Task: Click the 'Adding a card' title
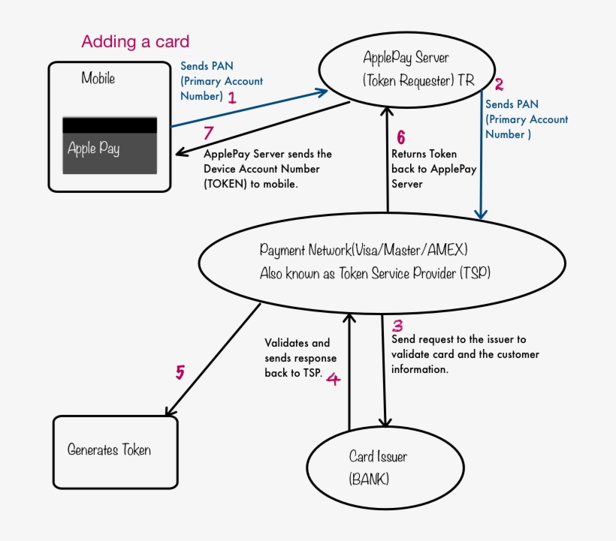[135, 41]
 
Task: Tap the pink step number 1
[232, 98]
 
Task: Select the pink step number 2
[499, 84]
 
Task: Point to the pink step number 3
[397, 326]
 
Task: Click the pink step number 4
[334, 379]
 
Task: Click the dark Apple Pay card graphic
[110, 146]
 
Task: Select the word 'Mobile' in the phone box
[98, 78]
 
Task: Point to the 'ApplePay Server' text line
[406, 58]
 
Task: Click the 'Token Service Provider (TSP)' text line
[375, 273]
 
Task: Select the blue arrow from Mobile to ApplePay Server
[249, 109]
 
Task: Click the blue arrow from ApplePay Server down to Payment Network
[482, 154]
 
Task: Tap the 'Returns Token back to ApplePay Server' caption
[433, 169]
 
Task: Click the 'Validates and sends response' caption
[300, 358]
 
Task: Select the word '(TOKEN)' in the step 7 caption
[225, 184]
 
